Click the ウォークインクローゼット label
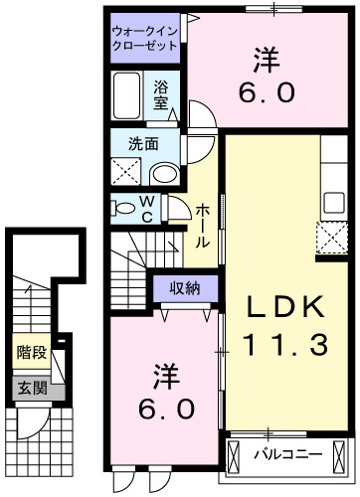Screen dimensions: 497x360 tap(145, 39)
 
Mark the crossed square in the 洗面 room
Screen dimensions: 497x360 tap(127, 171)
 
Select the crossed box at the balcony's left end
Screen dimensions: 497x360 tap(235, 458)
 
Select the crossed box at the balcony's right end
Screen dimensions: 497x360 tap(344, 458)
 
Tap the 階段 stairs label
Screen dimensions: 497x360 tap(32, 351)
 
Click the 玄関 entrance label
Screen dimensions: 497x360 tap(32, 388)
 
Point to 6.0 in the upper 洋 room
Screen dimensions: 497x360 tap(265, 92)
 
